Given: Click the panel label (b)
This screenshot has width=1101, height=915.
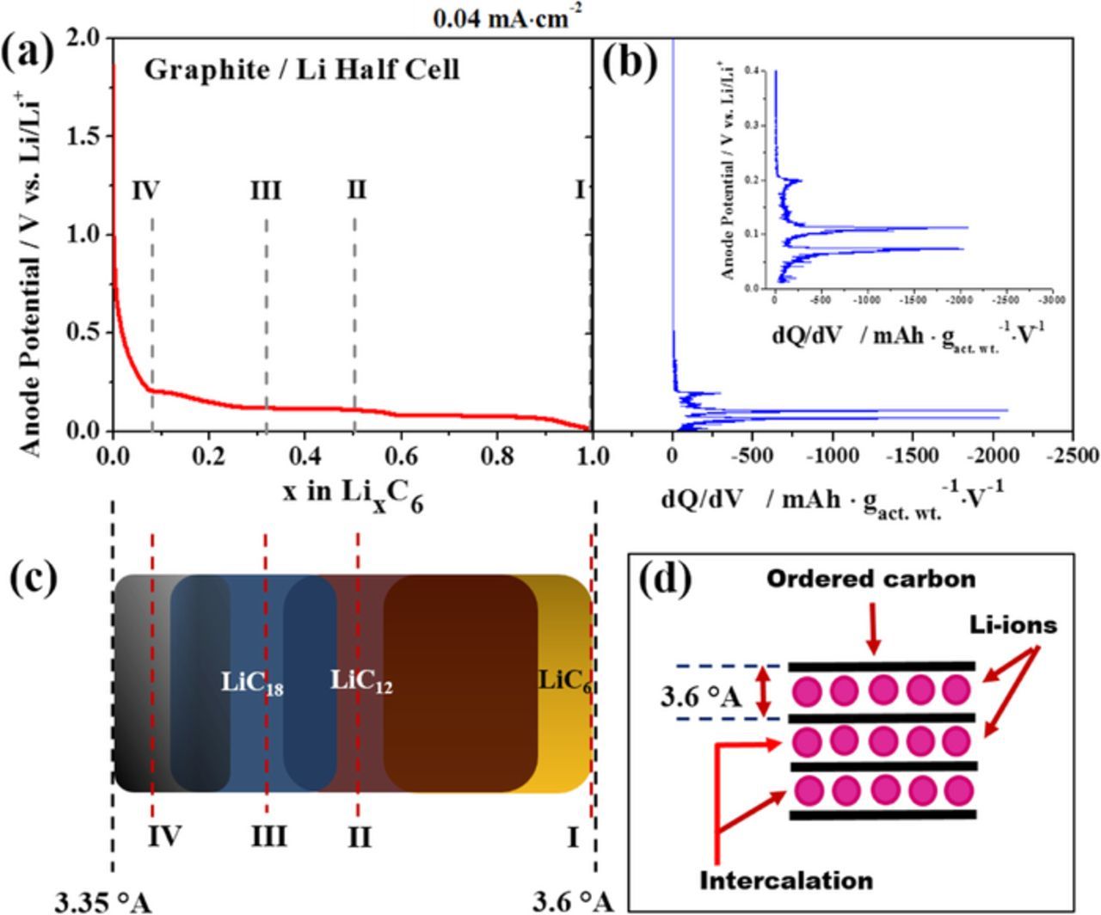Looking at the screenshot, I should click(x=630, y=61).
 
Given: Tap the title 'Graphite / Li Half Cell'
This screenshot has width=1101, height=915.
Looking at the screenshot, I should click(x=301, y=70).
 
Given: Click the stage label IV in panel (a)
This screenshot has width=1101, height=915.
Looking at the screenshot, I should click(x=145, y=190).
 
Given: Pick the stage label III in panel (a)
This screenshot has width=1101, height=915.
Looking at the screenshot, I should click(x=266, y=190).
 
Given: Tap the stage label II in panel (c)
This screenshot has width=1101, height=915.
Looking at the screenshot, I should click(x=359, y=836).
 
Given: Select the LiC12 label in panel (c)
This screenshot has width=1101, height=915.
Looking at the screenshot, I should click(x=361, y=681).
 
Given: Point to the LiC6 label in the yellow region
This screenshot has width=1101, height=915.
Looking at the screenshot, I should click(x=564, y=681).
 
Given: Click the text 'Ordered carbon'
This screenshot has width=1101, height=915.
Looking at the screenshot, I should click(x=870, y=580).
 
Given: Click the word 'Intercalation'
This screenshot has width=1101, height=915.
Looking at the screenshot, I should click(x=786, y=881).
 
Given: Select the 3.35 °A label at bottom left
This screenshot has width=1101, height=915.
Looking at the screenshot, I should click(x=102, y=901).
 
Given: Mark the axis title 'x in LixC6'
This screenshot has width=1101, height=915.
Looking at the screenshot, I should click(x=353, y=495).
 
